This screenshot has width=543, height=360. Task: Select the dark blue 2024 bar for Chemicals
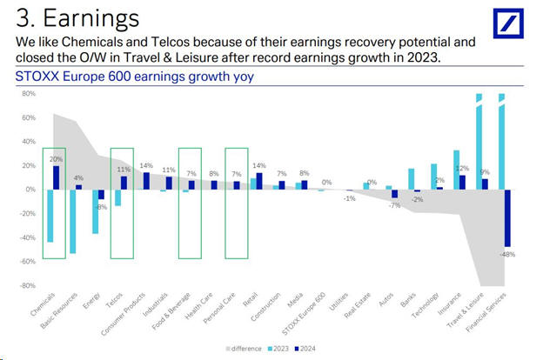57,177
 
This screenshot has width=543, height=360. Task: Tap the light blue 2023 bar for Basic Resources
72,221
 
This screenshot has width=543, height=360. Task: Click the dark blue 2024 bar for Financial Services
506,217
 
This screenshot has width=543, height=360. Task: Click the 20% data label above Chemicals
56,160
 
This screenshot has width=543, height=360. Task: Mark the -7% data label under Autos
394,206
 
